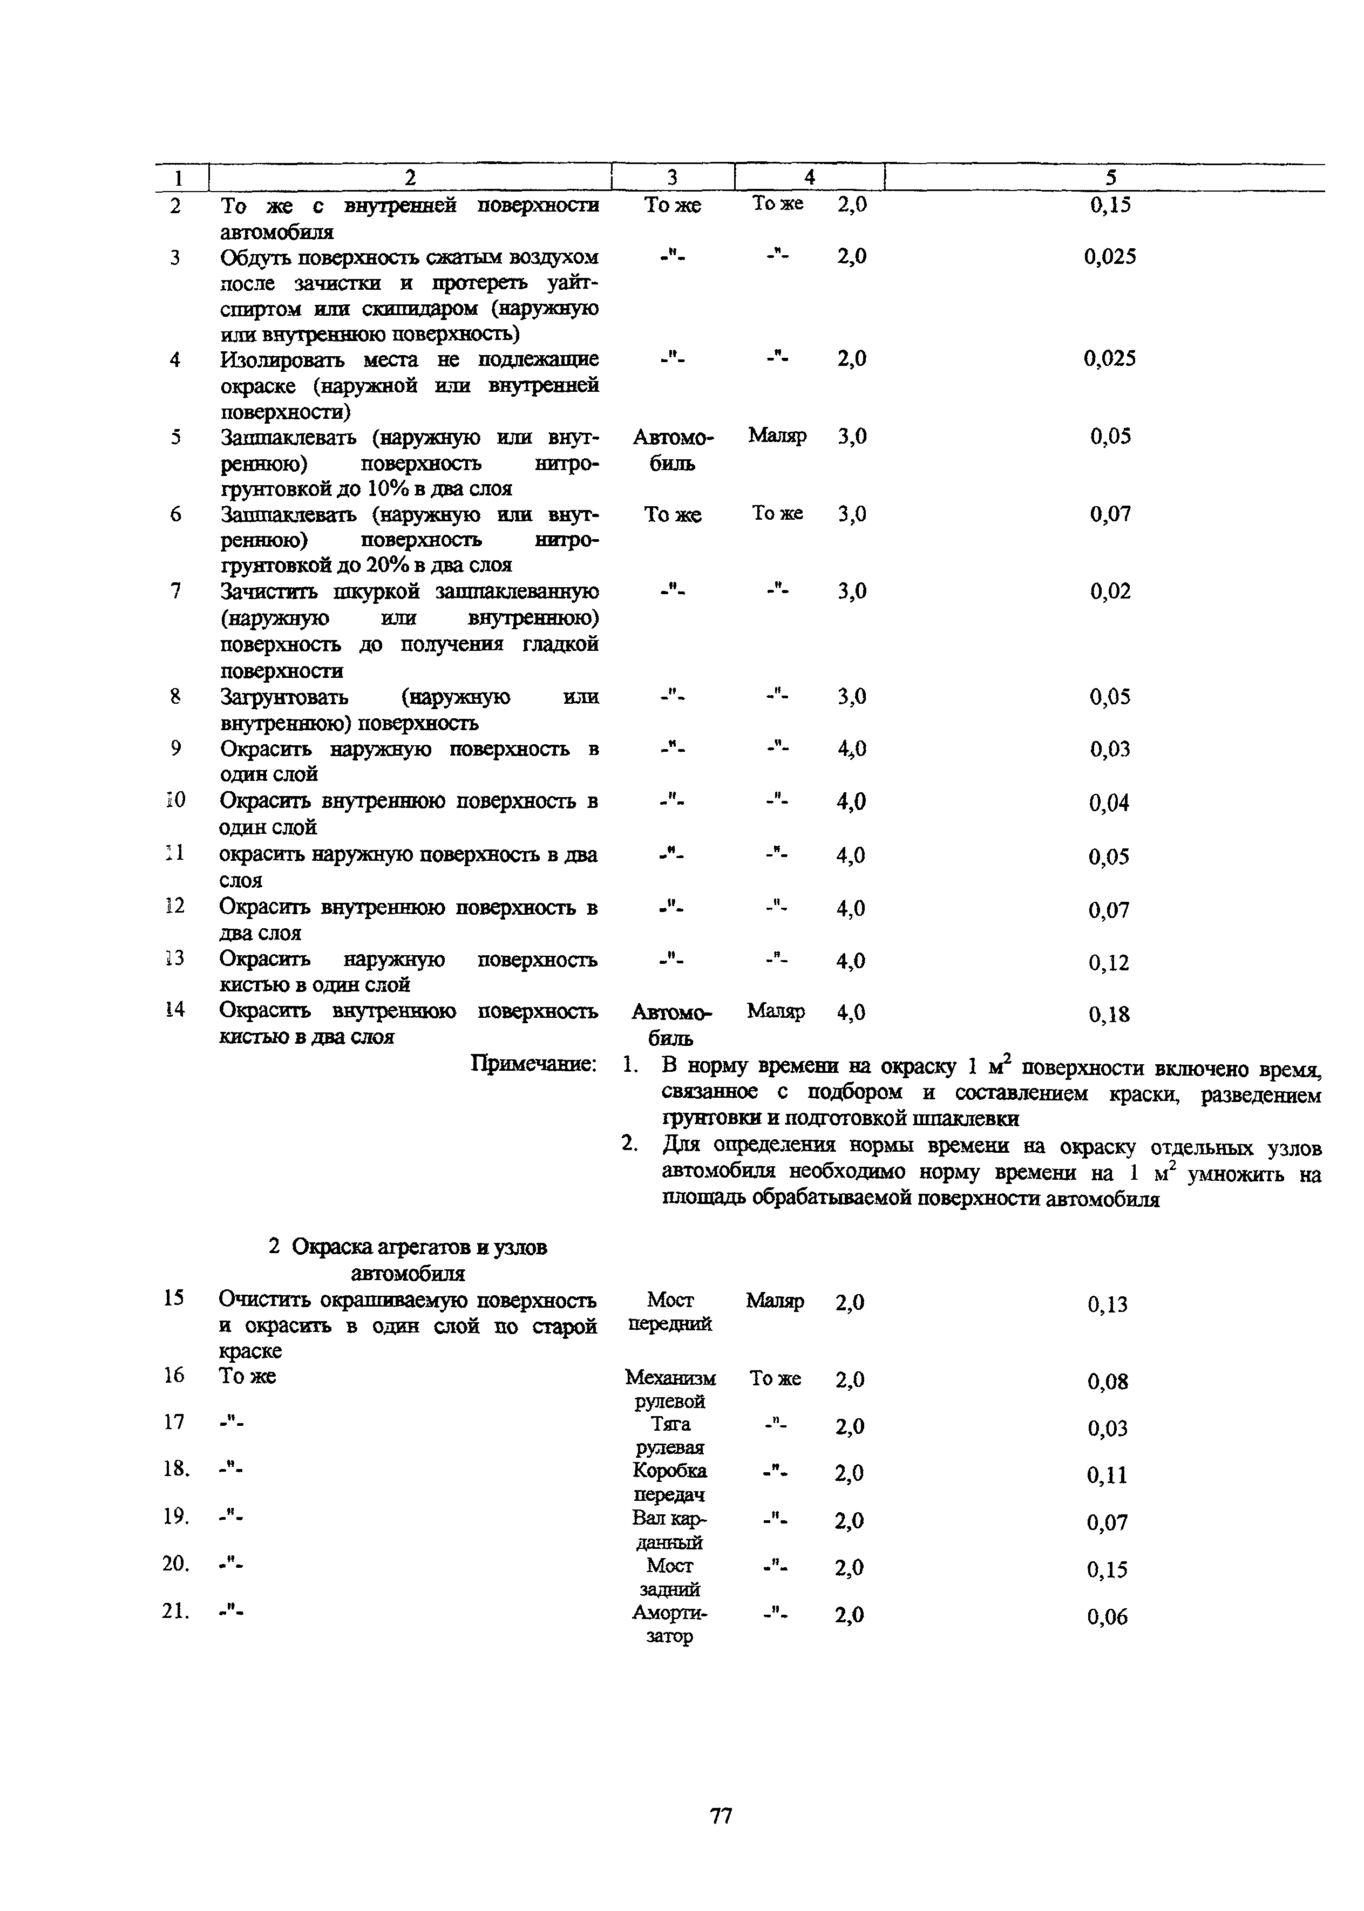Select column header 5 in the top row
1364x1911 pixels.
pos(1110,177)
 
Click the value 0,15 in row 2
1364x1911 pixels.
pos(1110,205)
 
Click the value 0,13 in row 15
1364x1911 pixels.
pos(1107,1304)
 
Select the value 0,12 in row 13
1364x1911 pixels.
pos(1109,962)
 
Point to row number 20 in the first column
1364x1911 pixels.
pos(175,1563)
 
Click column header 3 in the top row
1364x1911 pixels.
pos(672,177)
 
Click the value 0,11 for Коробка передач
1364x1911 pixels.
pos(1107,1475)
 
